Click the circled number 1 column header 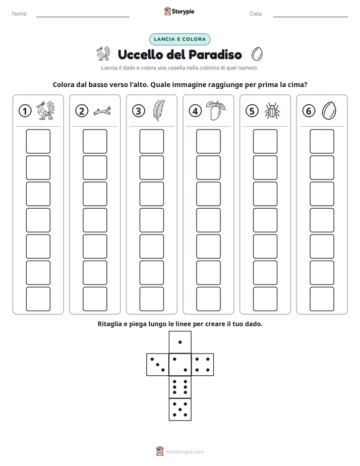click(x=25, y=111)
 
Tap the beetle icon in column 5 click(x=272, y=111)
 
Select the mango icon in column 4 click(x=216, y=110)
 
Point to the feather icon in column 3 click(x=159, y=110)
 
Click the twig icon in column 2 click(x=102, y=111)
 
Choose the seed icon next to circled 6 click(x=329, y=110)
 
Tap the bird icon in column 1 click(x=45, y=110)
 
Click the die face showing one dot click(x=180, y=342)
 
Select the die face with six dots click(x=180, y=387)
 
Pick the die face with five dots click(x=180, y=410)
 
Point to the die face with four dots click(x=203, y=365)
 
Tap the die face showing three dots click(x=158, y=365)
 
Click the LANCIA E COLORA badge click(x=179, y=39)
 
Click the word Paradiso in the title click(x=215, y=54)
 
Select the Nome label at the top click(x=20, y=14)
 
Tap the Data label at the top click(x=256, y=14)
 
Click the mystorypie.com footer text click(x=185, y=452)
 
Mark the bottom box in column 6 click(x=322, y=299)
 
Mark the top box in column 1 click(x=38, y=141)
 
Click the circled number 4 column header click(x=195, y=111)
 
